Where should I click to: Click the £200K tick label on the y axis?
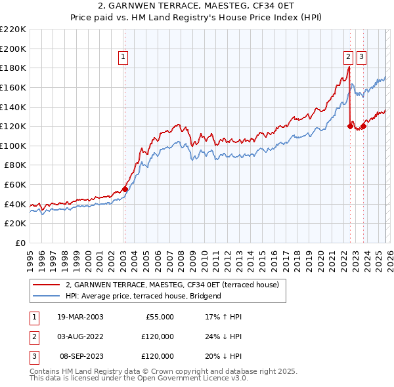(x=12, y=49)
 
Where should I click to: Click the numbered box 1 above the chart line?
(x=123, y=58)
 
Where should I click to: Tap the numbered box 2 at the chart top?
(x=349, y=58)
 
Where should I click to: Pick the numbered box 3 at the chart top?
(x=362, y=58)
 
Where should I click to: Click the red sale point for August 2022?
(x=350, y=126)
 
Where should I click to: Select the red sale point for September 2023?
(x=363, y=126)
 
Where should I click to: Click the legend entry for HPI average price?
(x=143, y=296)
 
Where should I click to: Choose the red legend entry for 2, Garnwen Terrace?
(x=172, y=285)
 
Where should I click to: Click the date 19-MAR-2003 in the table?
(x=80, y=317)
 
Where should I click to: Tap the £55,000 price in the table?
(x=158, y=317)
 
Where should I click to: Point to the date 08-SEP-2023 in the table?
(x=80, y=356)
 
